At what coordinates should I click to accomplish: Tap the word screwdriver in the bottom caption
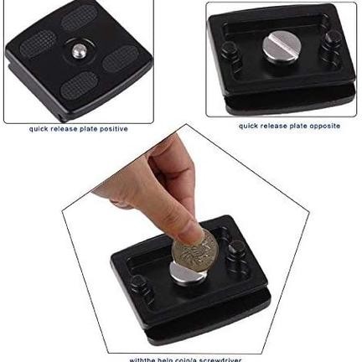tap(219, 359)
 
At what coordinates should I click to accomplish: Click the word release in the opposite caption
tap(271, 126)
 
